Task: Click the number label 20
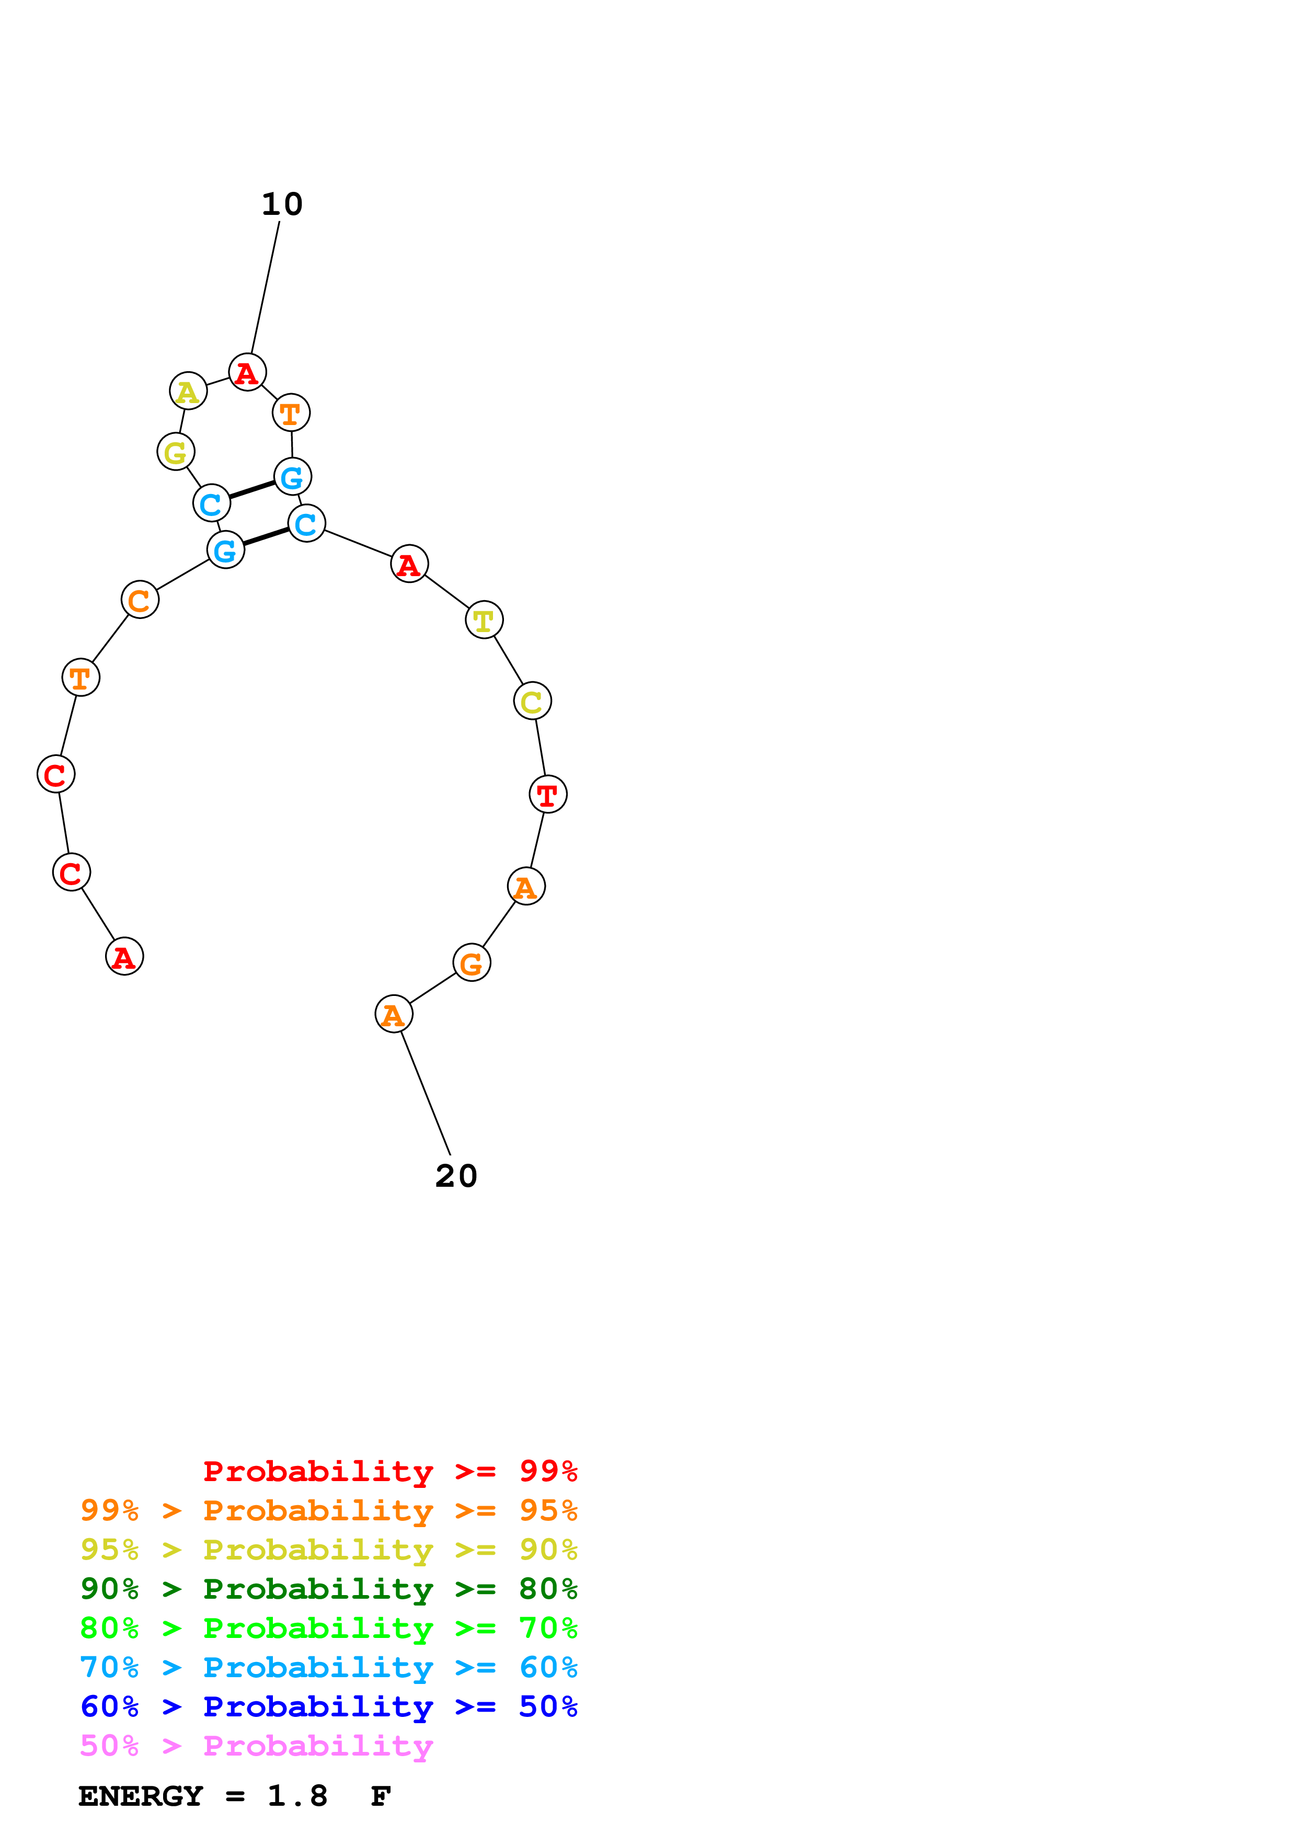click(x=456, y=1176)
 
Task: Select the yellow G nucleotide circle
click(x=176, y=452)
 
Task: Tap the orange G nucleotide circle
click(x=471, y=964)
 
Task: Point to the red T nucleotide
click(x=548, y=794)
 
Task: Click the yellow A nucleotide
click(x=188, y=392)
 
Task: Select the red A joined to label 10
click(x=247, y=372)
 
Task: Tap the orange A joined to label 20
click(x=394, y=1014)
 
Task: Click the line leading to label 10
click(x=265, y=288)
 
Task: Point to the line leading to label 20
click(x=425, y=1092)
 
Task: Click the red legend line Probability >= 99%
click(x=389, y=1471)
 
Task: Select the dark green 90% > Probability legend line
click(x=328, y=1589)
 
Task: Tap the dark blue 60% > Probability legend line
click(x=328, y=1706)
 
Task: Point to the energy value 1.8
click(x=297, y=1796)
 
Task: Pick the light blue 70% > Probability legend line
click(x=328, y=1667)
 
